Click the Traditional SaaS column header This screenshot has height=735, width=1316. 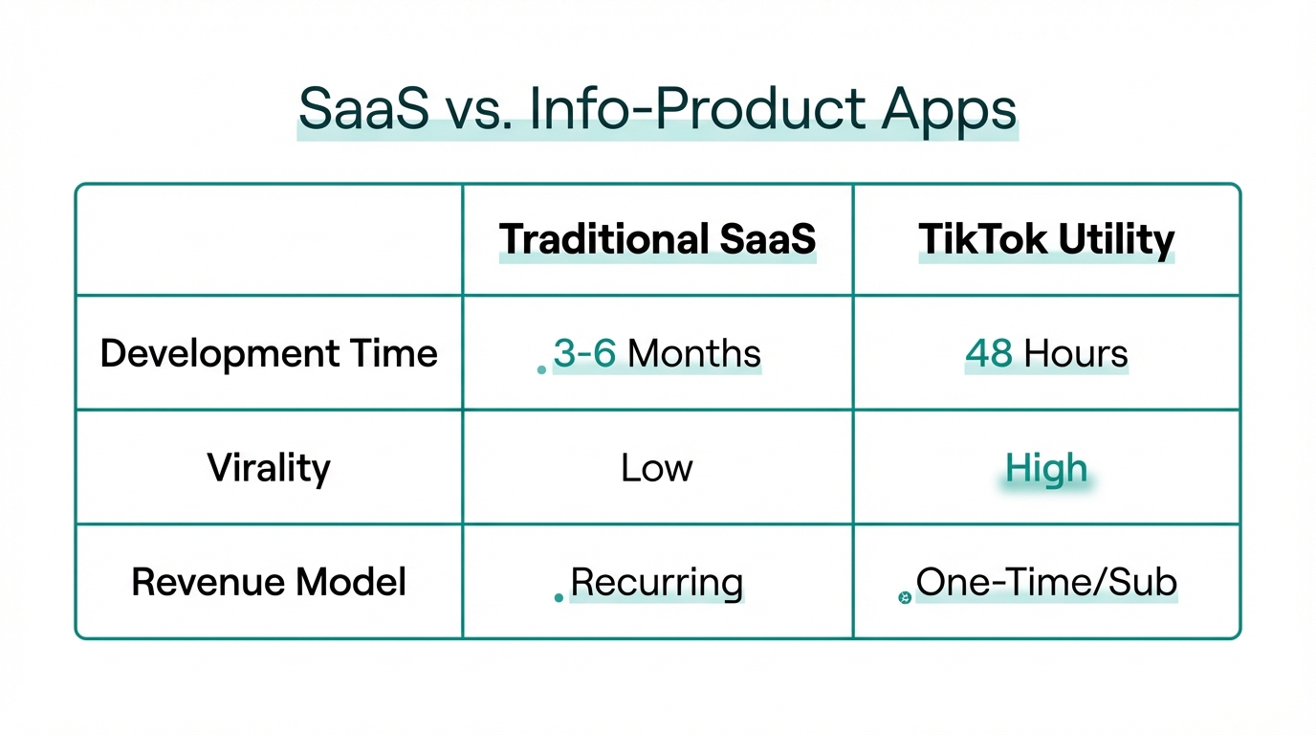coord(657,239)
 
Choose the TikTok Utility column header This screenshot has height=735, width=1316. coord(1046,239)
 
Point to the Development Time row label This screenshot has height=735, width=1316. coord(269,353)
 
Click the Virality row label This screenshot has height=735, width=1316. coord(269,468)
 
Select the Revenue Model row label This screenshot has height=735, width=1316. coord(269,582)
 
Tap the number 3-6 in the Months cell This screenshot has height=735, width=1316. coord(584,353)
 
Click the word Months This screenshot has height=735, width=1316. coord(694,353)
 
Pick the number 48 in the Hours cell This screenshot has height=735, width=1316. coord(989,353)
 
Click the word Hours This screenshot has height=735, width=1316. coord(1076,353)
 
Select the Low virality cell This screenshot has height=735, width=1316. coord(657,468)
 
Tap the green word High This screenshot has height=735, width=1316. coord(1046,468)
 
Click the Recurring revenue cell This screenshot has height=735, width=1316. coord(657,582)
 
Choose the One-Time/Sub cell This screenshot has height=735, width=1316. coord(1046,582)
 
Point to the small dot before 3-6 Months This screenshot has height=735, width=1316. coord(541,369)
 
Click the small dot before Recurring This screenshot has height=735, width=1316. coord(559,598)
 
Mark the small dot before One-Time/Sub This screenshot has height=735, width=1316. coord(904,598)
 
